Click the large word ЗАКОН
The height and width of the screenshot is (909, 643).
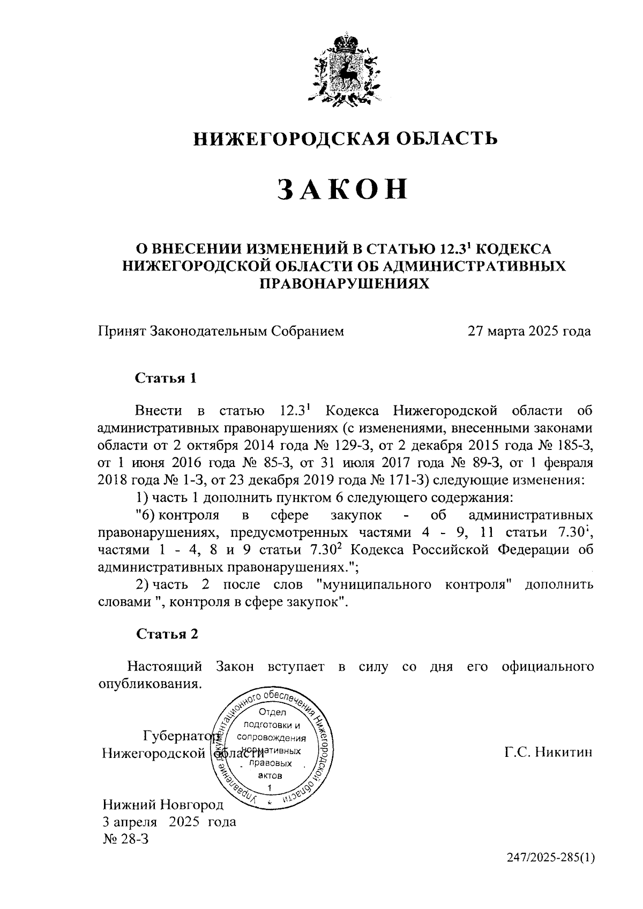(343, 190)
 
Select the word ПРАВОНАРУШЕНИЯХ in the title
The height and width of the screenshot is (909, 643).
(345, 283)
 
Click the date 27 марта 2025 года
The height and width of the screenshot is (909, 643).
(529, 331)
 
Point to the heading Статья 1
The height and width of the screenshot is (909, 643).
(166, 379)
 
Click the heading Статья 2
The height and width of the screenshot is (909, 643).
(167, 634)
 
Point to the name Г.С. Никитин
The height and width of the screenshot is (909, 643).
(548, 753)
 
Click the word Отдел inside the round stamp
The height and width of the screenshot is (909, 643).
(273, 712)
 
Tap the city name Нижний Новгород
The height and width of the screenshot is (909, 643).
(163, 805)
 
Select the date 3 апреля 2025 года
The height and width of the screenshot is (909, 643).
(169, 822)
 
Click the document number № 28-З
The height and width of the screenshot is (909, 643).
(125, 839)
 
